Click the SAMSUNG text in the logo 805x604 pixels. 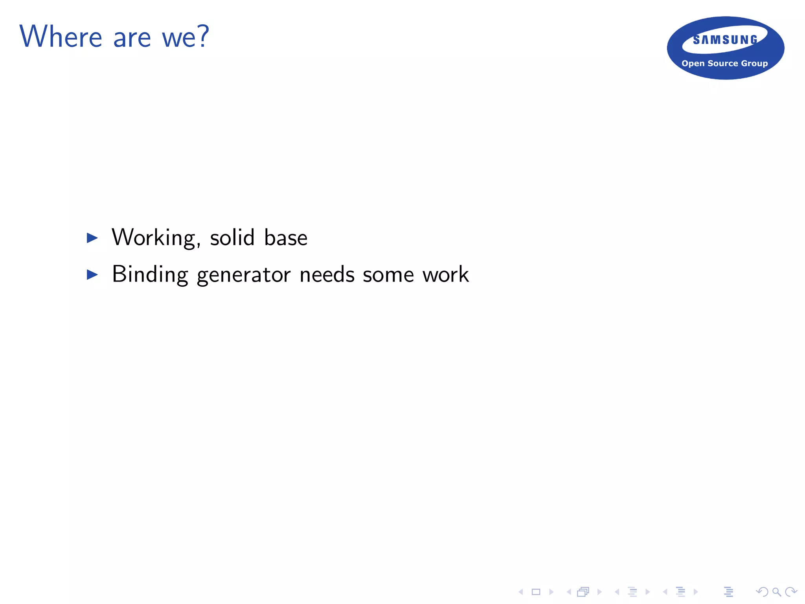click(x=725, y=40)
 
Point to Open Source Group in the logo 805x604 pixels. click(x=724, y=63)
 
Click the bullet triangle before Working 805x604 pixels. click(x=92, y=238)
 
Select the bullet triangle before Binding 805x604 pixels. click(x=92, y=274)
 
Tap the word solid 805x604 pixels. click(x=232, y=238)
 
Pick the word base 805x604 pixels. click(x=286, y=238)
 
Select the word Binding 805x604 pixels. click(x=150, y=274)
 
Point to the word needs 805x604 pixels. click(x=327, y=274)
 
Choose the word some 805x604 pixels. click(x=388, y=274)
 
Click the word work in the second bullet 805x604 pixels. click(x=446, y=274)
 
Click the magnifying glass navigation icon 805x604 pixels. click(x=776, y=592)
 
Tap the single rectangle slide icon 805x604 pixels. click(x=536, y=592)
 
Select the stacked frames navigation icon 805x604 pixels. click(x=583, y=592)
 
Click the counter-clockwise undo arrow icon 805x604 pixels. click(x=762, y=592)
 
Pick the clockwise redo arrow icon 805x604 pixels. click(x=790, y=592)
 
